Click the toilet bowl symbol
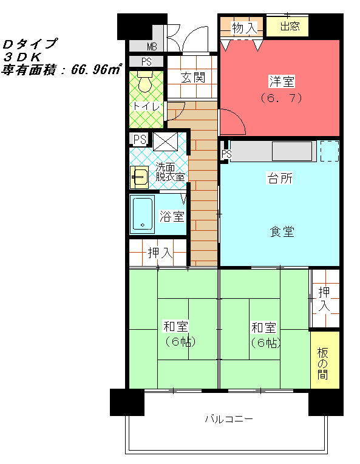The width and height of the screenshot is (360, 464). click(144, 81)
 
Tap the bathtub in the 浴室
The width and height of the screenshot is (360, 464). click(143, 214)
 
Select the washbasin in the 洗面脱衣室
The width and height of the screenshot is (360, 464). click(140, 177)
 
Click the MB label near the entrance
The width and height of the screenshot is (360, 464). click(152, 46)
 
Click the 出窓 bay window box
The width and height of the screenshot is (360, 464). click(288, 26)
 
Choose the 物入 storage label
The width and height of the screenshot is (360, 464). click(244, 28)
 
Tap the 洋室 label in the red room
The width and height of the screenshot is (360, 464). click(282, 81)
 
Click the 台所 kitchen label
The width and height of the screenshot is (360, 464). click(280, 178)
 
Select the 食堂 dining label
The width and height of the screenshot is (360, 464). click(282, 231)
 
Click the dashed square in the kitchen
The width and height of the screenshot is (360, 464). click(330, 151)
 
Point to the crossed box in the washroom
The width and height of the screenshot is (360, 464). click(165, 142)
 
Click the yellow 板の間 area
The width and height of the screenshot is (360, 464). click(325, 360)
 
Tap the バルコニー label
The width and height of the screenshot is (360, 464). click(229, 418)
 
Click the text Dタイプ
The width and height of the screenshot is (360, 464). click(30, 44)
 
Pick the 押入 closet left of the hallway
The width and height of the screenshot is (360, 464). click(158, 253)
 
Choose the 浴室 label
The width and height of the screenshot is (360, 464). click(172, 216)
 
